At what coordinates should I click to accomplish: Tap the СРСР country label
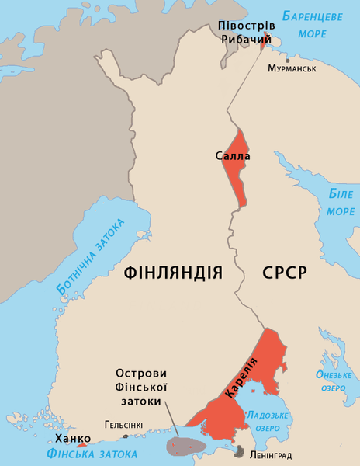[x=286, y=273]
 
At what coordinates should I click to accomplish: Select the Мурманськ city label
[x=292, y=69]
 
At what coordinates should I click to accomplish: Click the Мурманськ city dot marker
[x=288, y=59]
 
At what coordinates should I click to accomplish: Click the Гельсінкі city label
[x=123, y=426]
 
